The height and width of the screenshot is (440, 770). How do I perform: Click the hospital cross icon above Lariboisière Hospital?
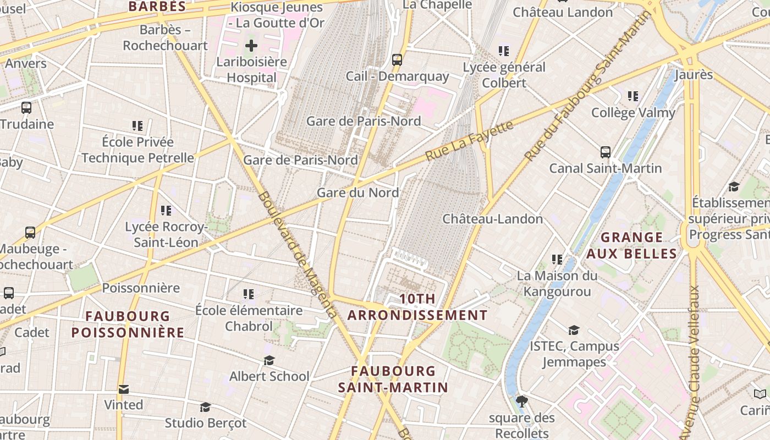point(251,45)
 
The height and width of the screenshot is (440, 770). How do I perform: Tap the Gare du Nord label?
point(358,193)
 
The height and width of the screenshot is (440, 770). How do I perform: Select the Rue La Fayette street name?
point(470,141)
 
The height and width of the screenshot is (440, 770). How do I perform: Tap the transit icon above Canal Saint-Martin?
point(605,152)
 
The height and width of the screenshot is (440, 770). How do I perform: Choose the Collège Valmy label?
point(632,113)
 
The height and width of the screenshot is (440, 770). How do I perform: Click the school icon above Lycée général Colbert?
point(503,51)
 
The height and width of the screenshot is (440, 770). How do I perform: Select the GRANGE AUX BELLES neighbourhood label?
point(631,245)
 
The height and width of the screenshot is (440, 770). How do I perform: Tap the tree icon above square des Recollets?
point(522,402)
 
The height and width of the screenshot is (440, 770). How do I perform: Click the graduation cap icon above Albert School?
point(269,360)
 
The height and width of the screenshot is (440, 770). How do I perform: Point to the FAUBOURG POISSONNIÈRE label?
point(128,324)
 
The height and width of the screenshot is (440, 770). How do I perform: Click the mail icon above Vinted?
point(123,389)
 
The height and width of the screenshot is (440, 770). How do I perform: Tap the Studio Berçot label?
point(206,423)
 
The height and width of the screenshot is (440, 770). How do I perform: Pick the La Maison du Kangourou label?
point(557,283)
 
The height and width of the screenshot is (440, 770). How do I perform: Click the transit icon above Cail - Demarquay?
point(397,60)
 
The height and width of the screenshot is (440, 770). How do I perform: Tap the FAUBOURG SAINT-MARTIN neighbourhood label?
point(393,379)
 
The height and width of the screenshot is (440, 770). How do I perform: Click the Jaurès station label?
point(693,74)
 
